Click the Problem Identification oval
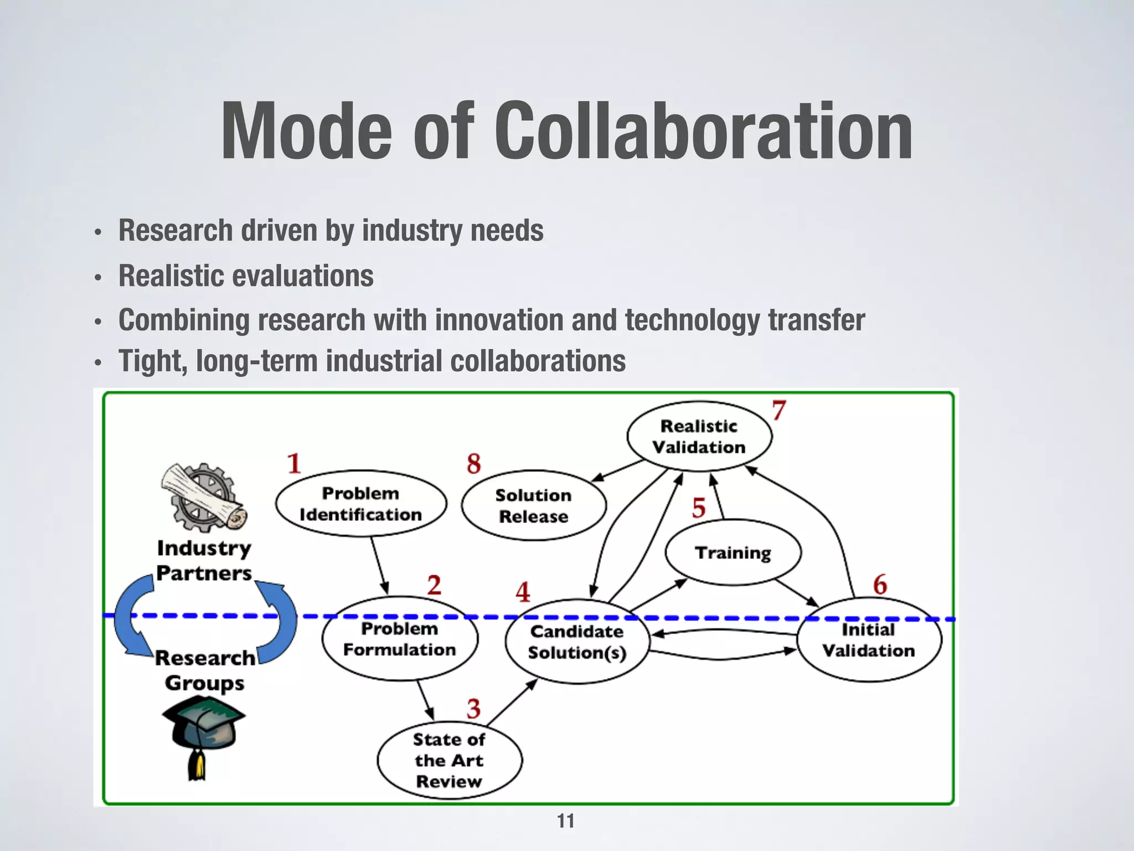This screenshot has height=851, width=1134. coord(360,504)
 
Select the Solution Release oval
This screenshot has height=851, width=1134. coord(533,505)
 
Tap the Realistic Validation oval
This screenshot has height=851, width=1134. coord(699,437)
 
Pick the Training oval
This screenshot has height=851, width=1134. coord(733,552)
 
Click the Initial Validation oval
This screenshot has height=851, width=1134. coord(868,640)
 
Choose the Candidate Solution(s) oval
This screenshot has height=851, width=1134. coord(576,642)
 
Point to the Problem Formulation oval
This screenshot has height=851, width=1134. coord(399,639)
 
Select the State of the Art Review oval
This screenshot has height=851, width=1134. coord(449,760)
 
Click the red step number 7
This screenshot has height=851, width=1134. coord(779,411)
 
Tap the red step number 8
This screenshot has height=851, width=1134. coord(473,464)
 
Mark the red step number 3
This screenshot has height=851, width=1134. coord(473,709)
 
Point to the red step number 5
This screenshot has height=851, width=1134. coord(699,508)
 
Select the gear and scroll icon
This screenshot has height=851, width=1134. coord(204,497)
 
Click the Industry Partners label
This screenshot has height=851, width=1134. coord(204,560)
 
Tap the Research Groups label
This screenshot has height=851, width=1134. coord(205,670)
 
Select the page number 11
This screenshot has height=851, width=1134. coord(565,821)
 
